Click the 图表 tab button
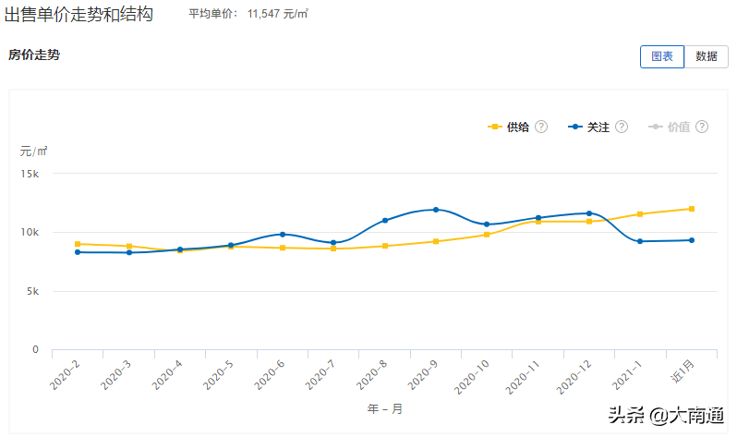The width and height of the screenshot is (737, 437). [661, 56]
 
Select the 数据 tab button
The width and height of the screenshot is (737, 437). [707, 56]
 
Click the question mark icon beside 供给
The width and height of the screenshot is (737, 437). [542, 127]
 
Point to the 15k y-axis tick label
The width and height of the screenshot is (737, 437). [30, 174]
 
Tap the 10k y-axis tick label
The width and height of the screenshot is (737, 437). [30, 233]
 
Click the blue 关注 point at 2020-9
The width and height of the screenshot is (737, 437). [436, 210]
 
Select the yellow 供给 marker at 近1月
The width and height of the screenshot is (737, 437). [691, 209]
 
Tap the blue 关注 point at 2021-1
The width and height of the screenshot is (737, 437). [640, 241]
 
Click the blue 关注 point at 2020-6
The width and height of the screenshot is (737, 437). [283, 234]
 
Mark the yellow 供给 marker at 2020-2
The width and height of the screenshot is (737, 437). [78, 244]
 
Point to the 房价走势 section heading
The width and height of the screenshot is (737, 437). [34, 55]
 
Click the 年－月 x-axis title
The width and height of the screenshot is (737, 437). [384, 408]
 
